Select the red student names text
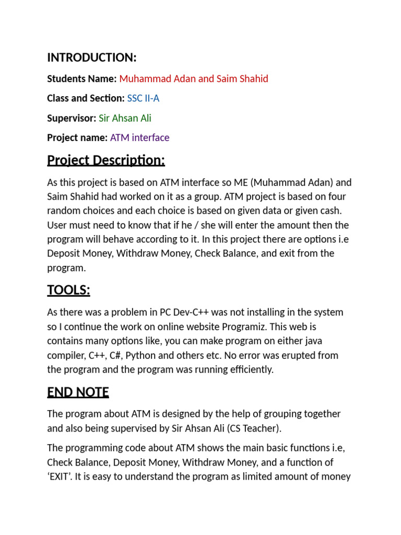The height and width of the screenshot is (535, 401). click(x=193, y=79)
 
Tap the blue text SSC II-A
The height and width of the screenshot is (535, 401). click(x=143, y=98)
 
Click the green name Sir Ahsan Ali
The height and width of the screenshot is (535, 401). click(x=125, y=118)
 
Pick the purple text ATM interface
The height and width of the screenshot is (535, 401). click(x=139, y=138)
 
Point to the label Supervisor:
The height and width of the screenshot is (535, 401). click(x=72, y=118)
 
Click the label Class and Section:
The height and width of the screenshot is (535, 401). click(x=86, y=98)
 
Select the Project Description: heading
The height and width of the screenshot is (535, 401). click(x=106, y=160)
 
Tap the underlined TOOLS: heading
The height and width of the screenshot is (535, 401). click(x=68, y=290)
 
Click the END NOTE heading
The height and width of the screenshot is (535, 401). click(x=78, y=392)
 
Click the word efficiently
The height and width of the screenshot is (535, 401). click(x=246, y=369)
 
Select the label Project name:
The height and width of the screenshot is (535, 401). click(x=77, y=138)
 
